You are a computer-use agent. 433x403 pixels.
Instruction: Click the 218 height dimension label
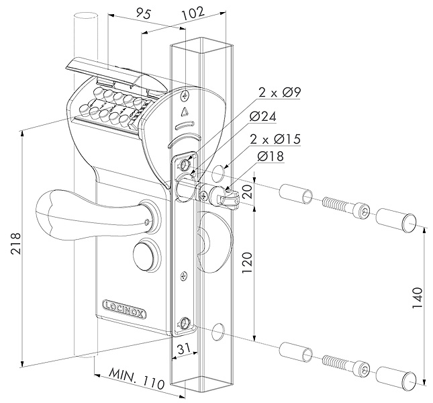15,244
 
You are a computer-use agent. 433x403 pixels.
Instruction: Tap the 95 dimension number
144,14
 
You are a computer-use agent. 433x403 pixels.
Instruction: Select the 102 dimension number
194,13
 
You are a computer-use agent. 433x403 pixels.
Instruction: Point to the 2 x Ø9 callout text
279,93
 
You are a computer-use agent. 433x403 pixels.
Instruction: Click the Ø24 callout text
262,117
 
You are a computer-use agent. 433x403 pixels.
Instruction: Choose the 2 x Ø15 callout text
275,139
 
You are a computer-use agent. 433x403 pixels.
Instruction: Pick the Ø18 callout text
270,156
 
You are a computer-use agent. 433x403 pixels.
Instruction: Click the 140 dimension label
418,299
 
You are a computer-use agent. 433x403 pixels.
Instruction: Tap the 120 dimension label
248,263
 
